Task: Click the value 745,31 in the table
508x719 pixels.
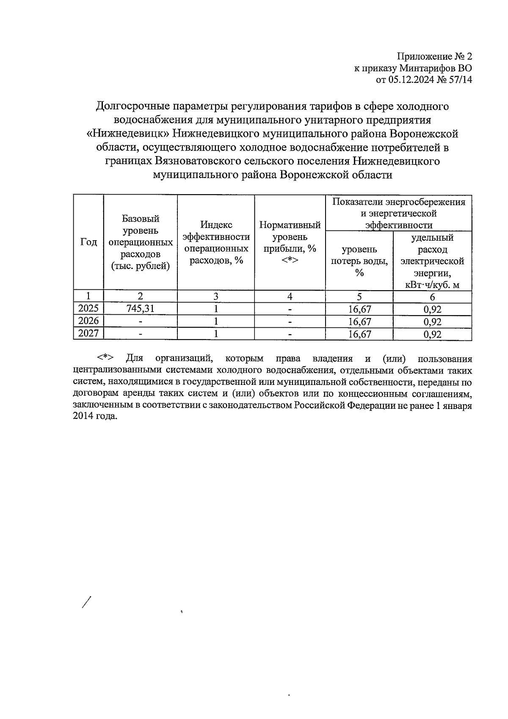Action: click(x=140, y=309)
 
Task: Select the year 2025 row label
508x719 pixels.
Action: click(x=88, y=309)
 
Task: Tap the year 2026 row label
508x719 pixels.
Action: click(x=88, y=321)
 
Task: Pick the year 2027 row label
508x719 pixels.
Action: click(x=88, y=334)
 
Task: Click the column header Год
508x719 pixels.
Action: click(x=88, y=242)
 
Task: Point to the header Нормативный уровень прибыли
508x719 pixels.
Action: click(x=290, y=242)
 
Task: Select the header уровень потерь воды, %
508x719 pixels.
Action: click(x=359, y=261)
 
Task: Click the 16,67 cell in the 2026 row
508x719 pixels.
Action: click(x=359, y=322)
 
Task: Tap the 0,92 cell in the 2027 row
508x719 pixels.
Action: click(x=432, y=334)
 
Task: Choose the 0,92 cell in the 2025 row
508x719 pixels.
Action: click(x=432, y=310)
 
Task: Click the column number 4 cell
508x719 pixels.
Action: click(x=290, y=296)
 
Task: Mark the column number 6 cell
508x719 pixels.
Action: click(x=432, y=297)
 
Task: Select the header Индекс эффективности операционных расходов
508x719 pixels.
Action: click(x=216, y=242)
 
